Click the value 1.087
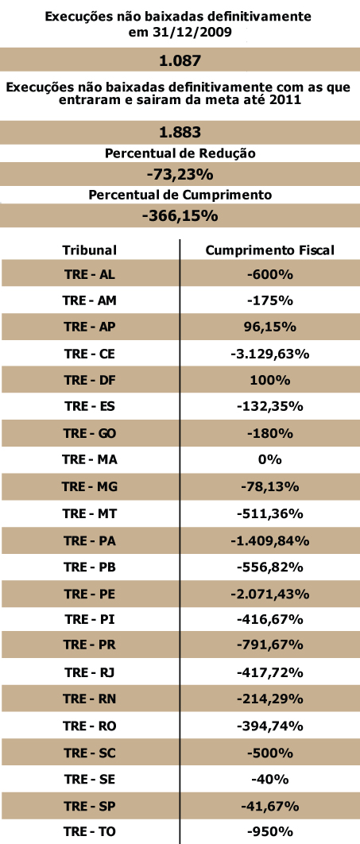(x=180, y=61)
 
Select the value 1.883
(x=180, y=132)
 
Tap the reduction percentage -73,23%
(x=180, y=174)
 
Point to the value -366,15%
(x=180, y=216)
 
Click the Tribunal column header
(x=89, y=250)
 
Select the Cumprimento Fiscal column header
(x=270, y=250)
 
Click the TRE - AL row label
(x=89, y=274)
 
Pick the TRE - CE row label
(x=89, y=354)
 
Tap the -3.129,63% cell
(x=270, y=354)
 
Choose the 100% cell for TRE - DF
(x=270, y=381)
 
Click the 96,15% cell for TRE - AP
(x=270, y=327)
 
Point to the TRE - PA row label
(x=89, y=540)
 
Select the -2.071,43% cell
(x=270, y=594)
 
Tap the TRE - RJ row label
(x=89, y=673)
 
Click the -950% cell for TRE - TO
(x=270, y=831)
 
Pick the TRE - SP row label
(x=89, y=807)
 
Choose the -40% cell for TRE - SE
(x=270, y=780)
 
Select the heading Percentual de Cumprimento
(x=180, y=195)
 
